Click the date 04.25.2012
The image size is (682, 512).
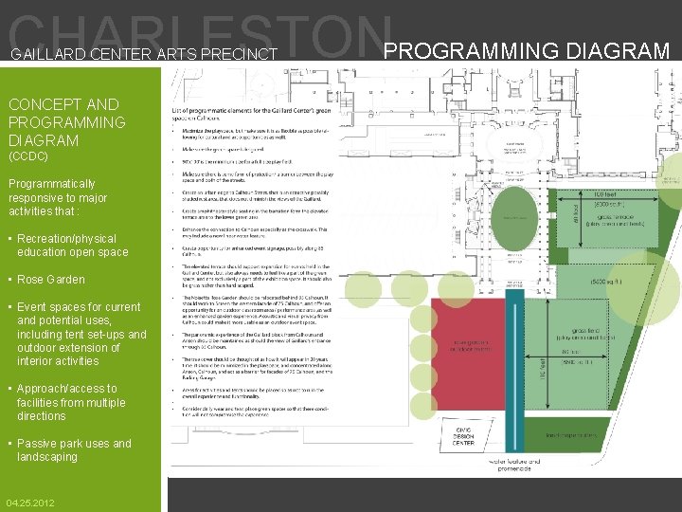click(x=30, y=503)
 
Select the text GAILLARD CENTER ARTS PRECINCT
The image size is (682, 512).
click(x=144, y=55)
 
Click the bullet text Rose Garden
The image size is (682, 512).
click(x=50, y=280)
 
